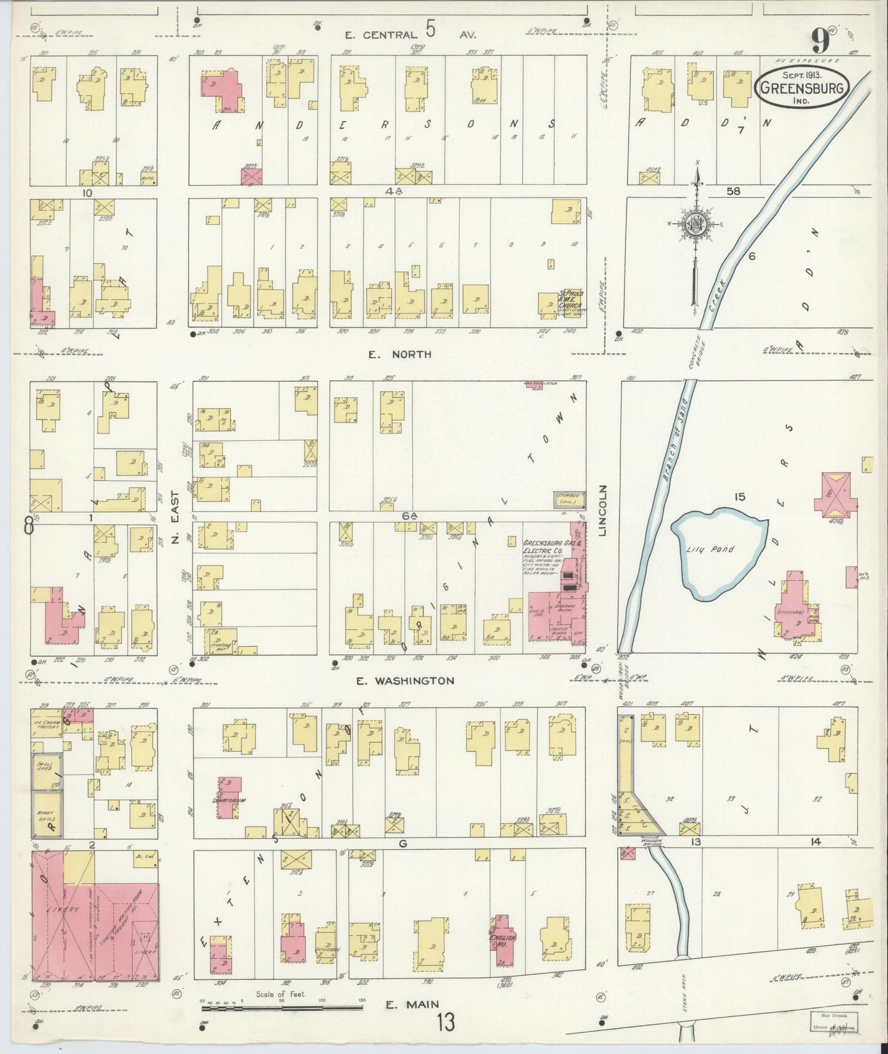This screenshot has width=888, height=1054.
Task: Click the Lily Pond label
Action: pos(710,549)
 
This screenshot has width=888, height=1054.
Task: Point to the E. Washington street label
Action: pos(406,681)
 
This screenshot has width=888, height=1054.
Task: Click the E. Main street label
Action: pos(412,1004)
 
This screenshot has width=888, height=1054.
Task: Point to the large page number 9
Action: pos(820,42)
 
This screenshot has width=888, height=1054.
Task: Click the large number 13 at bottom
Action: pos(447,1023)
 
